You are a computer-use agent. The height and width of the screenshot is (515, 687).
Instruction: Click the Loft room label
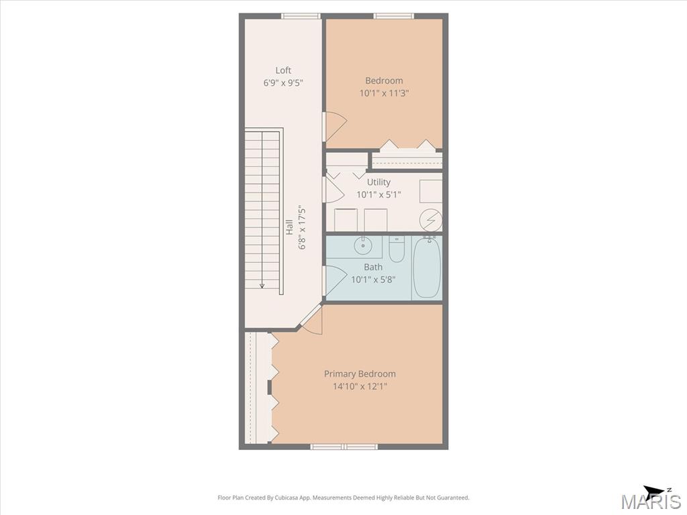point(283,70)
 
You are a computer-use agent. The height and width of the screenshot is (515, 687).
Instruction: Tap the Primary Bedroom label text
point(360,374)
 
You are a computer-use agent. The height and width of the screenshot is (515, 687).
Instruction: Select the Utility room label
point(378,182)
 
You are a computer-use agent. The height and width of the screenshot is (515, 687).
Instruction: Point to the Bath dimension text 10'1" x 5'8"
point(373,280)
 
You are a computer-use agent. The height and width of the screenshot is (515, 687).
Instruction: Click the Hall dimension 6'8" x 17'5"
point(302,228)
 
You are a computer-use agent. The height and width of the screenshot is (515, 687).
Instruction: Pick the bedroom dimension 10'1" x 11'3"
point(384,93)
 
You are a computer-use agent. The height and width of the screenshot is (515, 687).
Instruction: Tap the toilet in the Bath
point(397,249)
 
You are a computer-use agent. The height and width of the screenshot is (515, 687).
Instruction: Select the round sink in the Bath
point(363,245)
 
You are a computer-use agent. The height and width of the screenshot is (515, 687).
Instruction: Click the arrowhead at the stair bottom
point(262,286)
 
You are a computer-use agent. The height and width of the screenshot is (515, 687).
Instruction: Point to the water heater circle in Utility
point(430,220)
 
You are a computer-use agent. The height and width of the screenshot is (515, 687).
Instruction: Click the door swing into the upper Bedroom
point(335,127)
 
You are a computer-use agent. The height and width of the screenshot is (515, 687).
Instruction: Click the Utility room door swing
point(335,188)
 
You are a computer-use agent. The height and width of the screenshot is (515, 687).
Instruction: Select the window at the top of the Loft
point(301,16)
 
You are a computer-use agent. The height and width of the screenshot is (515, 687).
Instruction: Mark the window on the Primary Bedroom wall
point(344,447)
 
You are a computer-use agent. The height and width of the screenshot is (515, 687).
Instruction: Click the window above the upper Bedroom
point(394,16)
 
